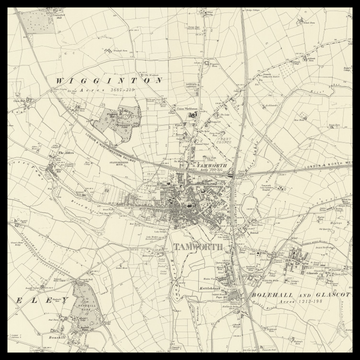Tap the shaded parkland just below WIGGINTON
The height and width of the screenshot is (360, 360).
tap(119, 124)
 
